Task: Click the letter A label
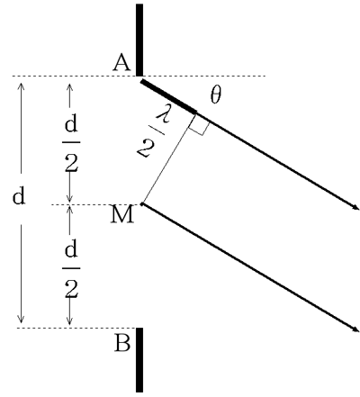(x=121, y=62)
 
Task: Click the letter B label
(x=122, y=343)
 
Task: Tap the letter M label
(x=121, y=214)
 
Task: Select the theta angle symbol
(x=216, y=95)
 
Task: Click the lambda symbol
(x=163, y=114)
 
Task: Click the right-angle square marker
(x=198, y=124)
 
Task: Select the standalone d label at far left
(x=19, y=196)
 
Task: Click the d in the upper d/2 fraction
(x=71, y=123)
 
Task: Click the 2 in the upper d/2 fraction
(x=71, y=162)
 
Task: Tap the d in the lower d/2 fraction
(x=71, y=250)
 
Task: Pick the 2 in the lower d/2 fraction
(x=71, y=289)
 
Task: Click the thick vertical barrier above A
(x=139, y=40)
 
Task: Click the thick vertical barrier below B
(x=139, y=360)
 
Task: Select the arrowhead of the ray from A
(x=356, y=207)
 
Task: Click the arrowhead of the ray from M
(x=356, y=329)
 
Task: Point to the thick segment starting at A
(x=169, y=96)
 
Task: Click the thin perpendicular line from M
(x=169, y=158)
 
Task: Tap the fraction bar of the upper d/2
(x=71, y=142)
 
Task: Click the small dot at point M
(x=142, y=204)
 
